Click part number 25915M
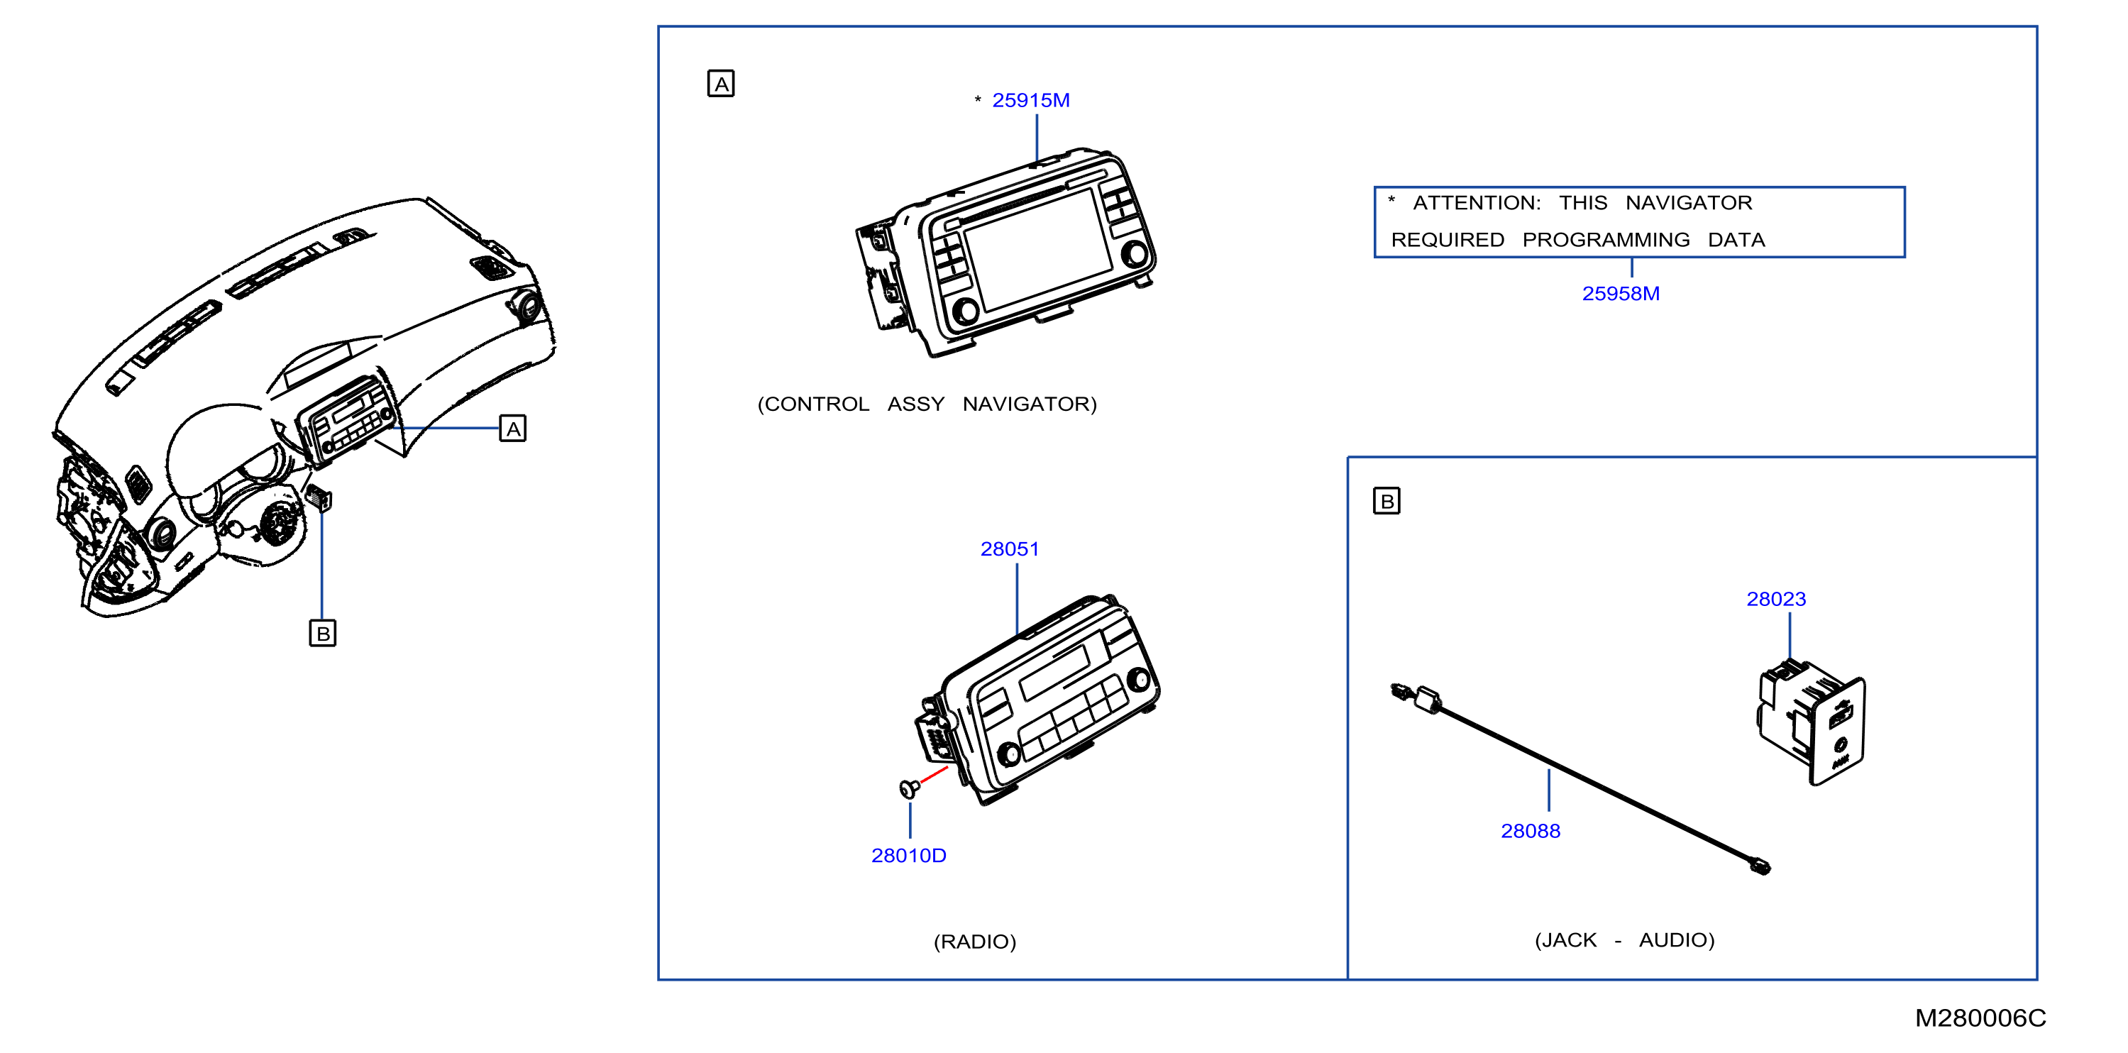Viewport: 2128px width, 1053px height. pyautogui.click(x=1030, y=100)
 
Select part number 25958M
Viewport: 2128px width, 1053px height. pyautogui.click(x=1620, y=293)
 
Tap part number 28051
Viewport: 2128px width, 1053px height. pyautogui.click(x=1010, y=549)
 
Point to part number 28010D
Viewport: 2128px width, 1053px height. pyautogui.click(x=909, y=856)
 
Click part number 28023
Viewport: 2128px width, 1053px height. pyautogui.click(x=1776, y=599)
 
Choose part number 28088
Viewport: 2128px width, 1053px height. pyautogui.click(x=1531, y=831)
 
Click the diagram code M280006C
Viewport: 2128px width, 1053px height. pyautogui.click(x=1981, y=1018)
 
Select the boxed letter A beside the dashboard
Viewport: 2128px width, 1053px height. pyautogui.click(x=513, y=429)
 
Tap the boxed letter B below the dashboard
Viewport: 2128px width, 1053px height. pyautogui.click(x=323, y=634)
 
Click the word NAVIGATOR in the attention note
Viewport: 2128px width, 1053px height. pyautogui.click(x=1689, y=203)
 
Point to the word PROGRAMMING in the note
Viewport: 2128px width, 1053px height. pyautogui.click(x=1606, y=241)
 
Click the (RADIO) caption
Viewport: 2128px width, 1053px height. pyautogui.click(x=975, y=942)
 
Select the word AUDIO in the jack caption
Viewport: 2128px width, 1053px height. pyautogui.click(x=1677, y=940)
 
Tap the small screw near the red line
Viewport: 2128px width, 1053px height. pyautogui.click(x=909, y=789)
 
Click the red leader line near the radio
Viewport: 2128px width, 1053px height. pyautogui.click(x=935, y=775)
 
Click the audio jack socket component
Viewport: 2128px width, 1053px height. pyautogui.click(x=1812, y=722)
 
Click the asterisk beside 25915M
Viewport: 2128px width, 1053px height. pyautogui.click(x=978, y=99)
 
